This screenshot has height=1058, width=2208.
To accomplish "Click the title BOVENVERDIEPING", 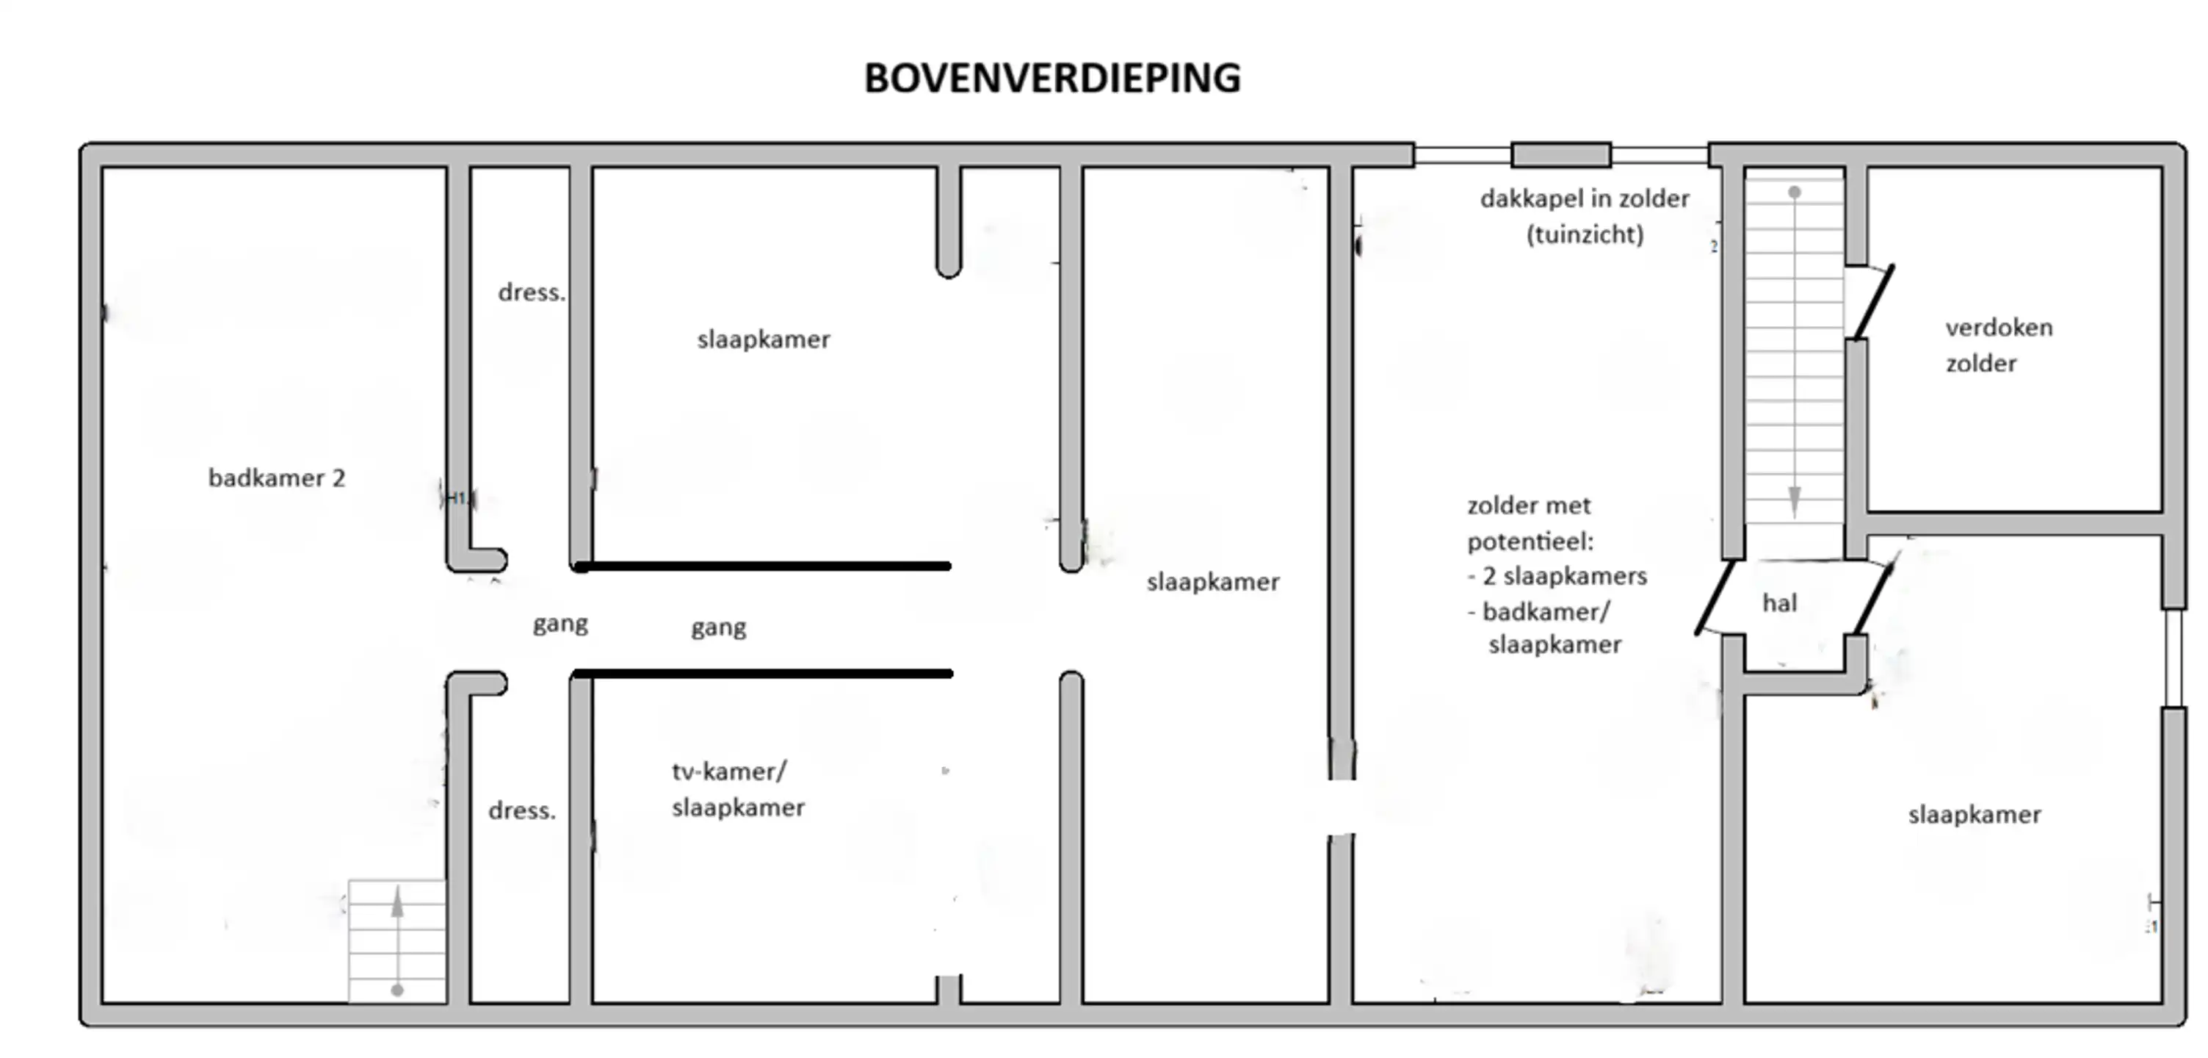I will coord(1051,78).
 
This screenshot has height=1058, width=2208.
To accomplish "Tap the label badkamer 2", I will coord(277,478).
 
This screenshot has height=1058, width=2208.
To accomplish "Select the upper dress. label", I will coord(532,292).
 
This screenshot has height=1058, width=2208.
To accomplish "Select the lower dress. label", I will coord(522,810).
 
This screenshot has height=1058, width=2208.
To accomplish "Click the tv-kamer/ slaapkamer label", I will coord(738,789).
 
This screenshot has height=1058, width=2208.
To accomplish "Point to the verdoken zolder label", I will coord(1999,345).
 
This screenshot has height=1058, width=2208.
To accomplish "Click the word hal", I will coord(1779,602).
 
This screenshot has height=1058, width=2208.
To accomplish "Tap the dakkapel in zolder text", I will coord(1584,199).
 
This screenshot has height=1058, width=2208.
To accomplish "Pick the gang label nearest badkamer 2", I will coord(560,623).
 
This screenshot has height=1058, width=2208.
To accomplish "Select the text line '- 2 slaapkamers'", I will coord(1557,576).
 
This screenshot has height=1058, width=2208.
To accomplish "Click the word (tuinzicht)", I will coord(1585,234).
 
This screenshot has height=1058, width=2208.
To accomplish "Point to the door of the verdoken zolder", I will coord(1874,302).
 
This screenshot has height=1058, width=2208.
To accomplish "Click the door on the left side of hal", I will coord(1715,597).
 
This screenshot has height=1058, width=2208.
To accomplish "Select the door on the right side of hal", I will coord(1874,597).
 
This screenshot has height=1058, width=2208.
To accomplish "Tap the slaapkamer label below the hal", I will coord(1974,815).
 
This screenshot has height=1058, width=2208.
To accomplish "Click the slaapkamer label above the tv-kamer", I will coord(764,339).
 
